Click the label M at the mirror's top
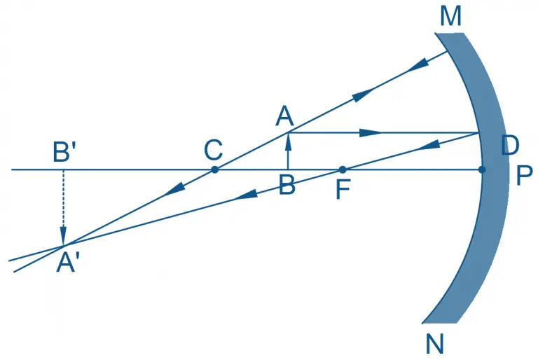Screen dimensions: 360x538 [x=450, y=16]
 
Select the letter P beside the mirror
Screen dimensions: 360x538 [x=524, y=176]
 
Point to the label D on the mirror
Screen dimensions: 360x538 [x=510, y=146]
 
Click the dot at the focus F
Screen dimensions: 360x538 [x=343, y=169]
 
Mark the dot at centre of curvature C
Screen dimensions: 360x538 [x=214, y=169]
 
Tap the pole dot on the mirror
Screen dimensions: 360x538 [x=482, y=169]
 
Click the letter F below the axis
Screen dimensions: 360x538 [x=343, y=190]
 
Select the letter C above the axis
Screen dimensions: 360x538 [x=213, y=150]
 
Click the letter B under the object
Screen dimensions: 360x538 [x=286, y=187]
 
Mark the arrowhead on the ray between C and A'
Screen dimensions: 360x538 [x=176, y=188]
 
